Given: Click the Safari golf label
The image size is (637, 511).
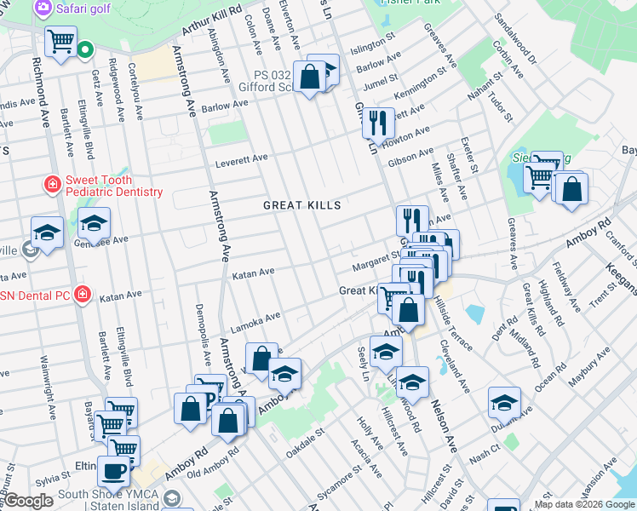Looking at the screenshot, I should click(84, 8).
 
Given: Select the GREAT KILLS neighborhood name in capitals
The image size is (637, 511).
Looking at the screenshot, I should click(301, 205).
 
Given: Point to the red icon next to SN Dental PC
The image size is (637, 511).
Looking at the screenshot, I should click(82, 295).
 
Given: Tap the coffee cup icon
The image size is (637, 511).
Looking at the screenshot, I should click(113, 470).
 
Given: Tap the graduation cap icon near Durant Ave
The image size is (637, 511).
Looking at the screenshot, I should click(504, 402).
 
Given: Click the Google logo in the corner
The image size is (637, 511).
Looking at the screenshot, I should click(29, 501).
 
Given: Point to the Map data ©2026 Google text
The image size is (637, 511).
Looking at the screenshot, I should click(584, 504).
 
